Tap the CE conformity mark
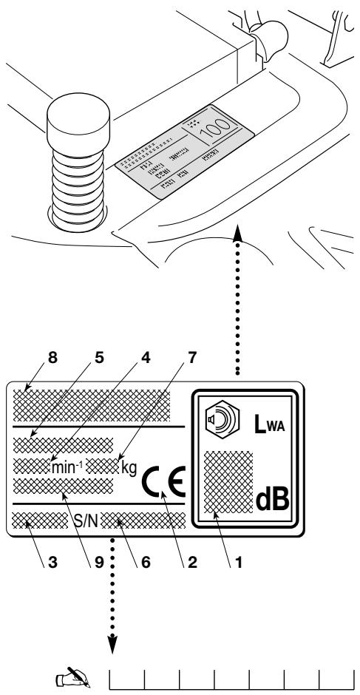click(x=164, y=476)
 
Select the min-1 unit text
click(x=64, y=467)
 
